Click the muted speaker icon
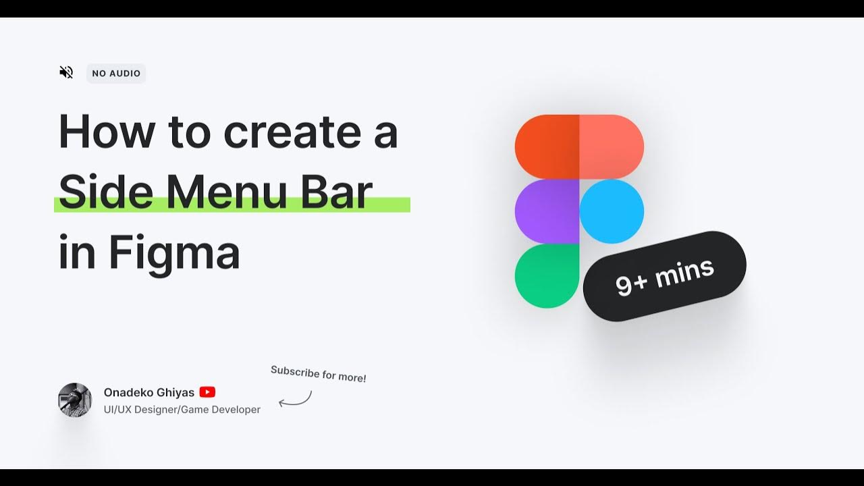pos(66,72)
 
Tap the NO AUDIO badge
pos(116,74)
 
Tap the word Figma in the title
pos(174,254)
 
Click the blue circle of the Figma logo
pos(612,211)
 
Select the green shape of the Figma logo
pos(545,276)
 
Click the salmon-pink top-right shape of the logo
pos(612,146)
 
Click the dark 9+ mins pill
pos(665,276)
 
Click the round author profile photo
pos(75,400)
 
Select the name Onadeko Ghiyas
pos(149,392)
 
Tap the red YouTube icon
pos(207,392)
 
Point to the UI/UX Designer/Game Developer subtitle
pos(182,410)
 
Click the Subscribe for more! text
pos(319,374)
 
